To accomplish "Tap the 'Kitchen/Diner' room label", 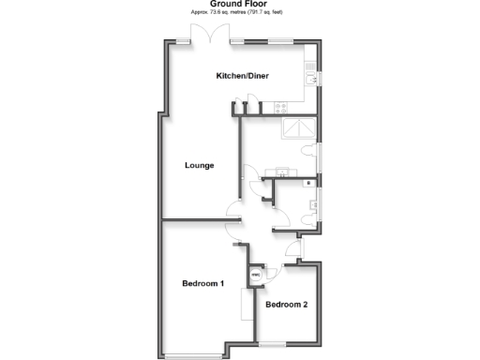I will click(243, 75).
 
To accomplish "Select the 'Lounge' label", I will click(199, 165).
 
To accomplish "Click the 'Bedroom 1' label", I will click(202, 283).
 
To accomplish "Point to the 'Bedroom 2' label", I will click(286, 305).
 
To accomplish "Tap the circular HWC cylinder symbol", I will click(255, 276).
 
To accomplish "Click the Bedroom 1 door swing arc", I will click(232, 233).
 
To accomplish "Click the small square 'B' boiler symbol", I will click(308, 183).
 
